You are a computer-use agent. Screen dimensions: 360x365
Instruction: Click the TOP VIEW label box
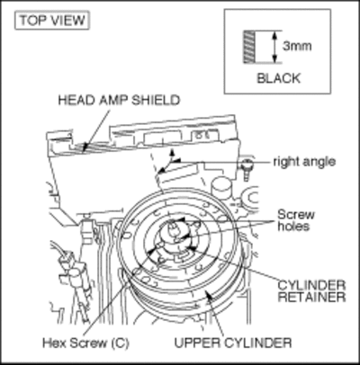[52, 21]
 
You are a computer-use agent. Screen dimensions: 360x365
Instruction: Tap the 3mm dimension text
[297, 46]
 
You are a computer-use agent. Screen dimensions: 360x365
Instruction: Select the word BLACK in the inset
[279, 78]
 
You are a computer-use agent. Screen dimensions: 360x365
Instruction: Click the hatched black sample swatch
[248, 47]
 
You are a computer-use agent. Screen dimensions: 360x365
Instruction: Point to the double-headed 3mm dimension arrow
[274, 47]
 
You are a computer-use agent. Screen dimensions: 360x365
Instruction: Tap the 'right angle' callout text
[304, 162]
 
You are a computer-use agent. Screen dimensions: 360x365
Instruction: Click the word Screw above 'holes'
[296, 215]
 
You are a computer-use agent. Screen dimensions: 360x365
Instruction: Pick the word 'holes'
[293, 226]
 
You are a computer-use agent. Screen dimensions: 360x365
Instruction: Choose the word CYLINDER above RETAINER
[311, 285]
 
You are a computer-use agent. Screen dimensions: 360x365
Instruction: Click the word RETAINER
[311, 297]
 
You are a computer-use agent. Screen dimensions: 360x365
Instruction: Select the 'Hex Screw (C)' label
[85, 343]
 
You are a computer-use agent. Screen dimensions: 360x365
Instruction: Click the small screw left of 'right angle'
[247, 169]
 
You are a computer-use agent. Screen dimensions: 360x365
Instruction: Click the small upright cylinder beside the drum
[221, 187]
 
